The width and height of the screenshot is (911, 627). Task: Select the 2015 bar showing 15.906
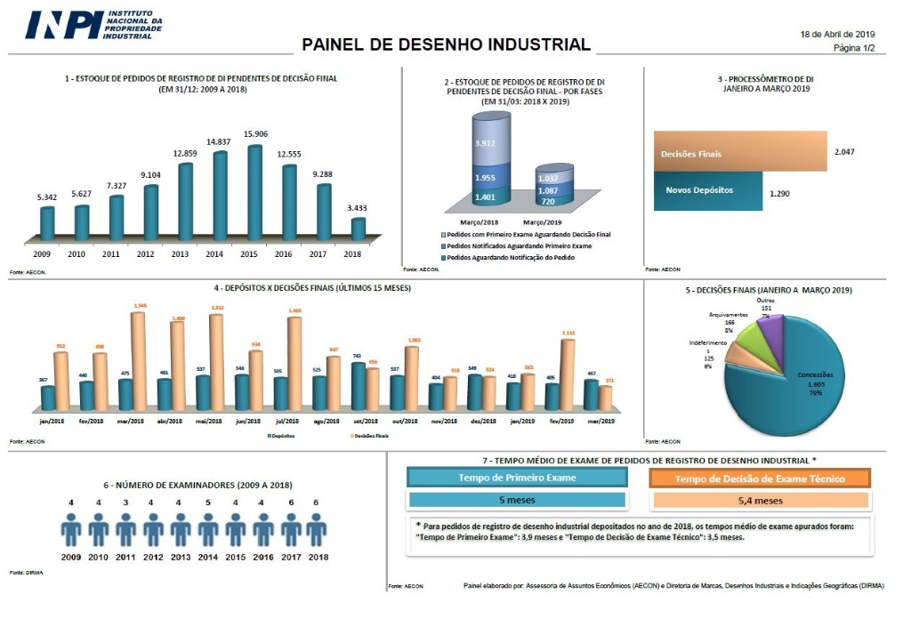click(x=255, y=191)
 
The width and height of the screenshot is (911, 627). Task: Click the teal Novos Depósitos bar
click(x=708, y=191)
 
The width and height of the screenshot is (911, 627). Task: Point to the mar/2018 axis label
click(x=130, y=421)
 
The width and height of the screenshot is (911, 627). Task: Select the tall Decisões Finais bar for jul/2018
click(x=294, y=363)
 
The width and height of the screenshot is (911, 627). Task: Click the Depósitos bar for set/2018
click(x=358, y=385)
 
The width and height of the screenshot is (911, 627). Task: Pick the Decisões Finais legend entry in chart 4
click(x=368, y=436)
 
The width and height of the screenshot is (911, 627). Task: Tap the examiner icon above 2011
click(x=125, y=530)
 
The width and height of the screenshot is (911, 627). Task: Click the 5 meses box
click(x=517, y=500)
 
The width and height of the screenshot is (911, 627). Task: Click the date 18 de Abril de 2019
click(x=838, y=34)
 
